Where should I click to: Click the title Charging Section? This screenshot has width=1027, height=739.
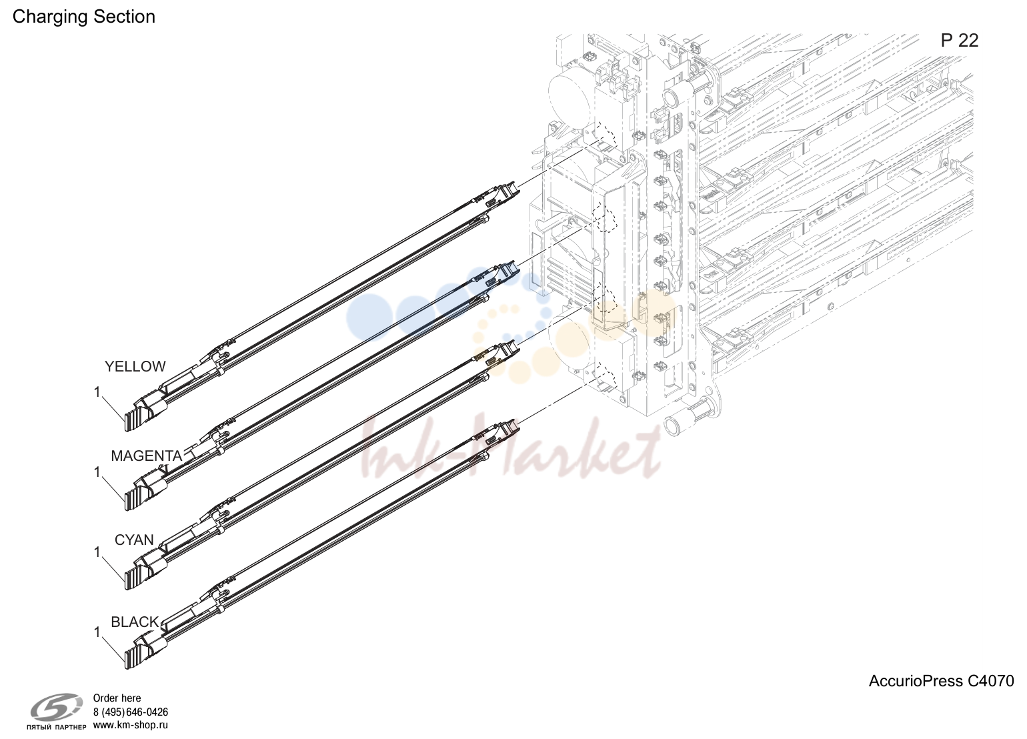coord(84,17)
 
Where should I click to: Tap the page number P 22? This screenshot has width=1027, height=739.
coord(960,41)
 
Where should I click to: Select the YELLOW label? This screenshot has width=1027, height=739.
coord(135,366)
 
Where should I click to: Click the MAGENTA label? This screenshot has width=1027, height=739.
coord(147,456)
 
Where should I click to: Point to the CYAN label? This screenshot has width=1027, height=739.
coord(134,540)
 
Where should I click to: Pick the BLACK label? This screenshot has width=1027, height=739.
coord(135,622)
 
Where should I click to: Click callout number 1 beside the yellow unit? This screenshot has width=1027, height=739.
coord(97,392)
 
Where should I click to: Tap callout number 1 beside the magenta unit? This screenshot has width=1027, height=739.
coord(97,472)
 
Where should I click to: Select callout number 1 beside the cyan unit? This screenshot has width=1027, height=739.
coord(97,552)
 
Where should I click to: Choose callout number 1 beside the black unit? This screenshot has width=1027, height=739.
coord(97,632)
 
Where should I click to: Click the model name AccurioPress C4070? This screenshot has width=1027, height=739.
coord(941,681)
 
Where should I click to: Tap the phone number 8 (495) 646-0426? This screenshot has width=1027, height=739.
coord(131,712)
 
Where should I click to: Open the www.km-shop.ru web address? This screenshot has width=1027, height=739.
coord(131,725)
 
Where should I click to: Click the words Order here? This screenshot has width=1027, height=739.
coord(117,698)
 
